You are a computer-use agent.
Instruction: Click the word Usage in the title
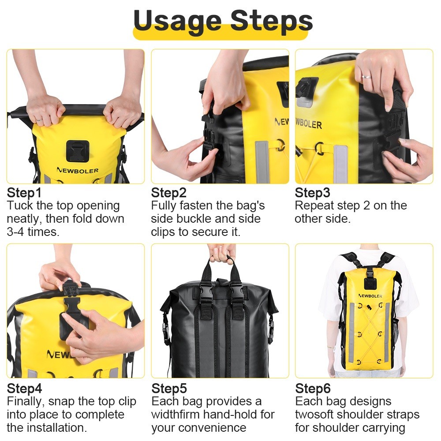coord(177,21)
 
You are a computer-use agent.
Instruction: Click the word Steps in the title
coord(271,21)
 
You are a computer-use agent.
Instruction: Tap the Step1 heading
coord(24,193)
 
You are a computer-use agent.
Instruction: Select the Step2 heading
coord(168,193)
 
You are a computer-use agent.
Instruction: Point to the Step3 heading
coord(312,193)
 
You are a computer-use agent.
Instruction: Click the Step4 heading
coord(24,389)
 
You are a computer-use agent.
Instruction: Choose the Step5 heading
coord(169,389)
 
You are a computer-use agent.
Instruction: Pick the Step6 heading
coord(313,389)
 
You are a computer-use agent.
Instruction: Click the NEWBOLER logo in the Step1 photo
coord(77,170)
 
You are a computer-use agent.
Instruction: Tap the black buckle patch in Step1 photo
coord(78,151)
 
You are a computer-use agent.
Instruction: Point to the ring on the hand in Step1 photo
coord(39,120)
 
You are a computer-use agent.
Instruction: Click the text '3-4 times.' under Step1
coord(33,232)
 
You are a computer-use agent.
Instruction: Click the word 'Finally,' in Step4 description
coord(26,402)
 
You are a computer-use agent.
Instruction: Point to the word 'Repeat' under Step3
coord(312,206)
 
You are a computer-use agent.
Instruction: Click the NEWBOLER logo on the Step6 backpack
coord(370,296)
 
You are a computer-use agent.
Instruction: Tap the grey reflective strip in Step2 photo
coord(262,162)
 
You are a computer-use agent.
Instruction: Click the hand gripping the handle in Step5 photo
coord(222,253)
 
